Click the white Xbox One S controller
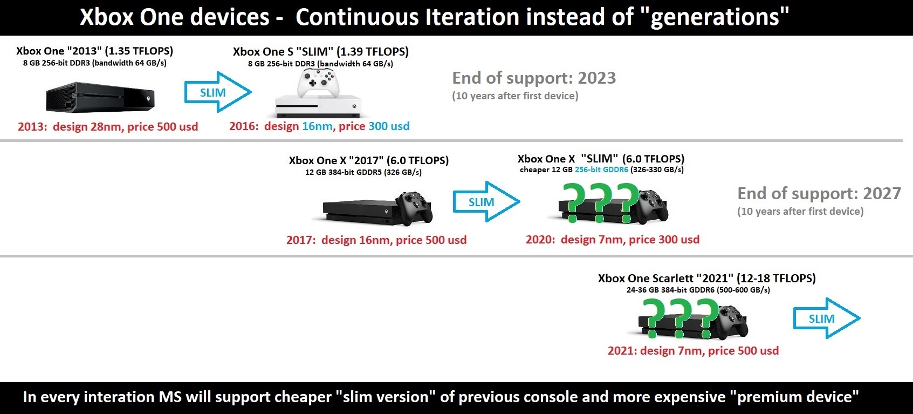[x=318, y=83]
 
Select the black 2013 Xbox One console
[x=100, y=97]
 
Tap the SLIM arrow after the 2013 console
[x=218, y=92]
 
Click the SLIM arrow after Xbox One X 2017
[x=486, y=201]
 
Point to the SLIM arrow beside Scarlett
[x=827, y=318]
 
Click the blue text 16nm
[x=317, y=126]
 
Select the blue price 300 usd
[x=389, y=126]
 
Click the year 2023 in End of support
[x=596, y=78]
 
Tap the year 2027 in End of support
[x=882, y=193]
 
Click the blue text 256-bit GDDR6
[x=602, y=169]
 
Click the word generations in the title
[x=715, y=18]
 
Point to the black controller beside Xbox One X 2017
[x=414, y=208]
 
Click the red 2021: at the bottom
[x=622, y=351]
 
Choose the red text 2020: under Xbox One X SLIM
[x=540, y=240]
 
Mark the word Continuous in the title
[x=357, y=17]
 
